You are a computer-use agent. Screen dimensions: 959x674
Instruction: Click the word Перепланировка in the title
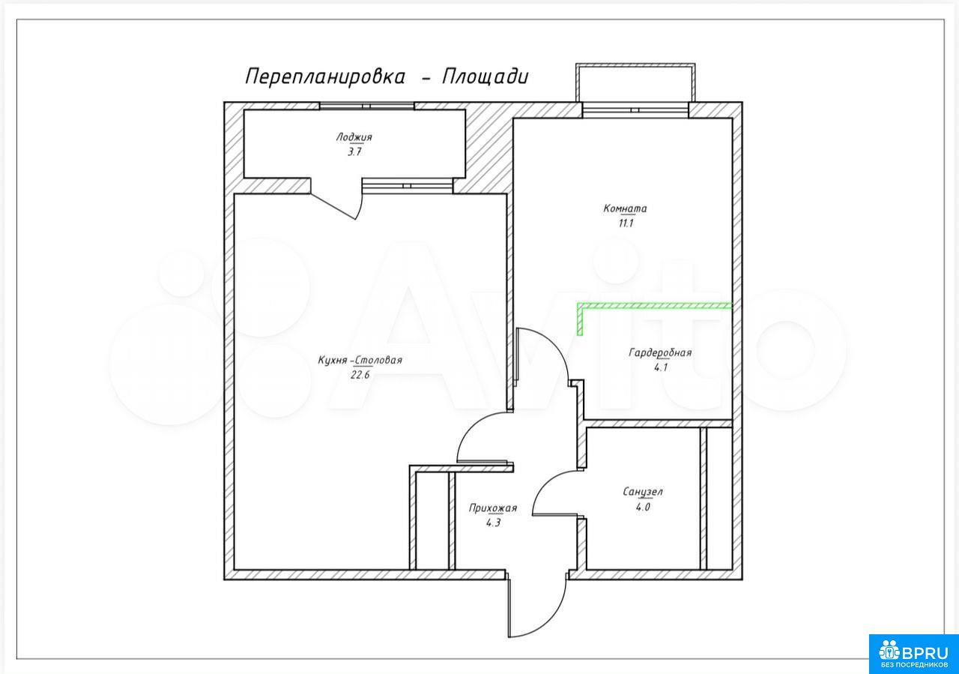(x=325, y=77)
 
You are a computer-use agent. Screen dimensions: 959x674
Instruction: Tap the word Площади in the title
(x=485, y=77)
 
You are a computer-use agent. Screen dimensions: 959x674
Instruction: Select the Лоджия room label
(x=354, y=137)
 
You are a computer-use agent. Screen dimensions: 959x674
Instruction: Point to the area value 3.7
(x=354, y=152)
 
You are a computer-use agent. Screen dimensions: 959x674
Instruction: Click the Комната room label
(x=625, y=208)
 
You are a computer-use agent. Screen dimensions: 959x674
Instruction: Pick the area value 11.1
(x=626, y=223)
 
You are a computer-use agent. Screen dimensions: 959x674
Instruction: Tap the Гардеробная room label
(x=660, y=352)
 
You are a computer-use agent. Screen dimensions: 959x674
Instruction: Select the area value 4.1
(x=661, y=367)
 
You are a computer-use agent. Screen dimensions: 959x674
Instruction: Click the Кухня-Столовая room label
(x=360, y=360)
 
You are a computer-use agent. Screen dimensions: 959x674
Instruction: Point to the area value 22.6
(x=360, y=375)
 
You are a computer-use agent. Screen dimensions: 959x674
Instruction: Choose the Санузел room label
(x=643, y=492)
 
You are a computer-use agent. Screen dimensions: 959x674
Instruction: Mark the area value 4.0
(x=643, y=508)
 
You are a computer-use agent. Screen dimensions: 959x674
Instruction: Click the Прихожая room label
(x=493, y=508)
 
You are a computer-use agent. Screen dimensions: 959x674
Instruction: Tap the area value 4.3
(x=493, y=523)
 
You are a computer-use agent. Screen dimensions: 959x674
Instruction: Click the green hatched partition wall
(x=654, y=306)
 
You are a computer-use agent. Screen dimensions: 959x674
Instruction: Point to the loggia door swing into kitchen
(x=360, y=209)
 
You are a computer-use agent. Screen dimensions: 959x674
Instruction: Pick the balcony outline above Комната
(x=635, y=65)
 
